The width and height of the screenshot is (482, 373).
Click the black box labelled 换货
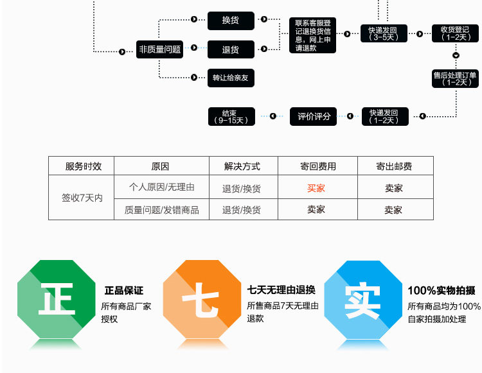(231, 21)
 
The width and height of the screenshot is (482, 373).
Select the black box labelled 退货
(231, 49)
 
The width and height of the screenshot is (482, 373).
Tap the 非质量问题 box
(160, 49)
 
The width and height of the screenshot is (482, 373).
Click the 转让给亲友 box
(231, 78)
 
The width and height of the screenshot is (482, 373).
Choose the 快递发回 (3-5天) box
(384, 33)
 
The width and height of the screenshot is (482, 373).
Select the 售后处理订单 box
(456, 78)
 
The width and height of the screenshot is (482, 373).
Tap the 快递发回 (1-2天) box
(384, 116)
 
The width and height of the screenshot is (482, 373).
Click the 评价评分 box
(314, 116)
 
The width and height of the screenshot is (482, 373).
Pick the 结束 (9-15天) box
(231, 116)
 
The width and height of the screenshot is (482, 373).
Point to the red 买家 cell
(316, 188)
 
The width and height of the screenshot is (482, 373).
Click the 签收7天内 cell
(82, 198)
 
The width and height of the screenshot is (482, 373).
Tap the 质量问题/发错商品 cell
(161, 209)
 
